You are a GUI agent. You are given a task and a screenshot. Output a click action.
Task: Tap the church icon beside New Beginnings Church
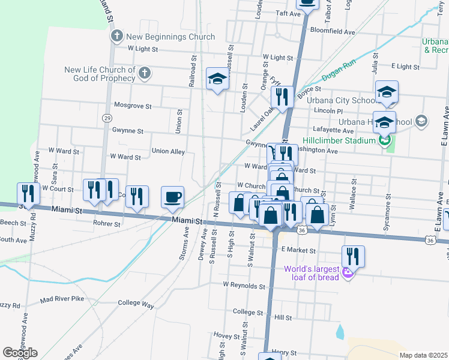[117, 37]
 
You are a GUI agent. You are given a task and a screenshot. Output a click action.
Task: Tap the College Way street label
[136, 304]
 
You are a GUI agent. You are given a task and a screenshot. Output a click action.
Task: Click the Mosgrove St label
[133, 106]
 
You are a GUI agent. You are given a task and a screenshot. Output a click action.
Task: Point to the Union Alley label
[168, 151]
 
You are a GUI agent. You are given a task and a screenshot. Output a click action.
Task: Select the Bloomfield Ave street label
[332, 31]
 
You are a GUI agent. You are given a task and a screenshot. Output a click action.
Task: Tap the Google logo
[20, 352]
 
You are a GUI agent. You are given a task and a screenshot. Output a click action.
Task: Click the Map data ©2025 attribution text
[423, 355]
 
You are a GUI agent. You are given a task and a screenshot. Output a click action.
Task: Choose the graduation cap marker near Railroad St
[217, 79]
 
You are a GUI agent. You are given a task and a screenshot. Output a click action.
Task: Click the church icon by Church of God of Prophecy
[144, 73]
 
